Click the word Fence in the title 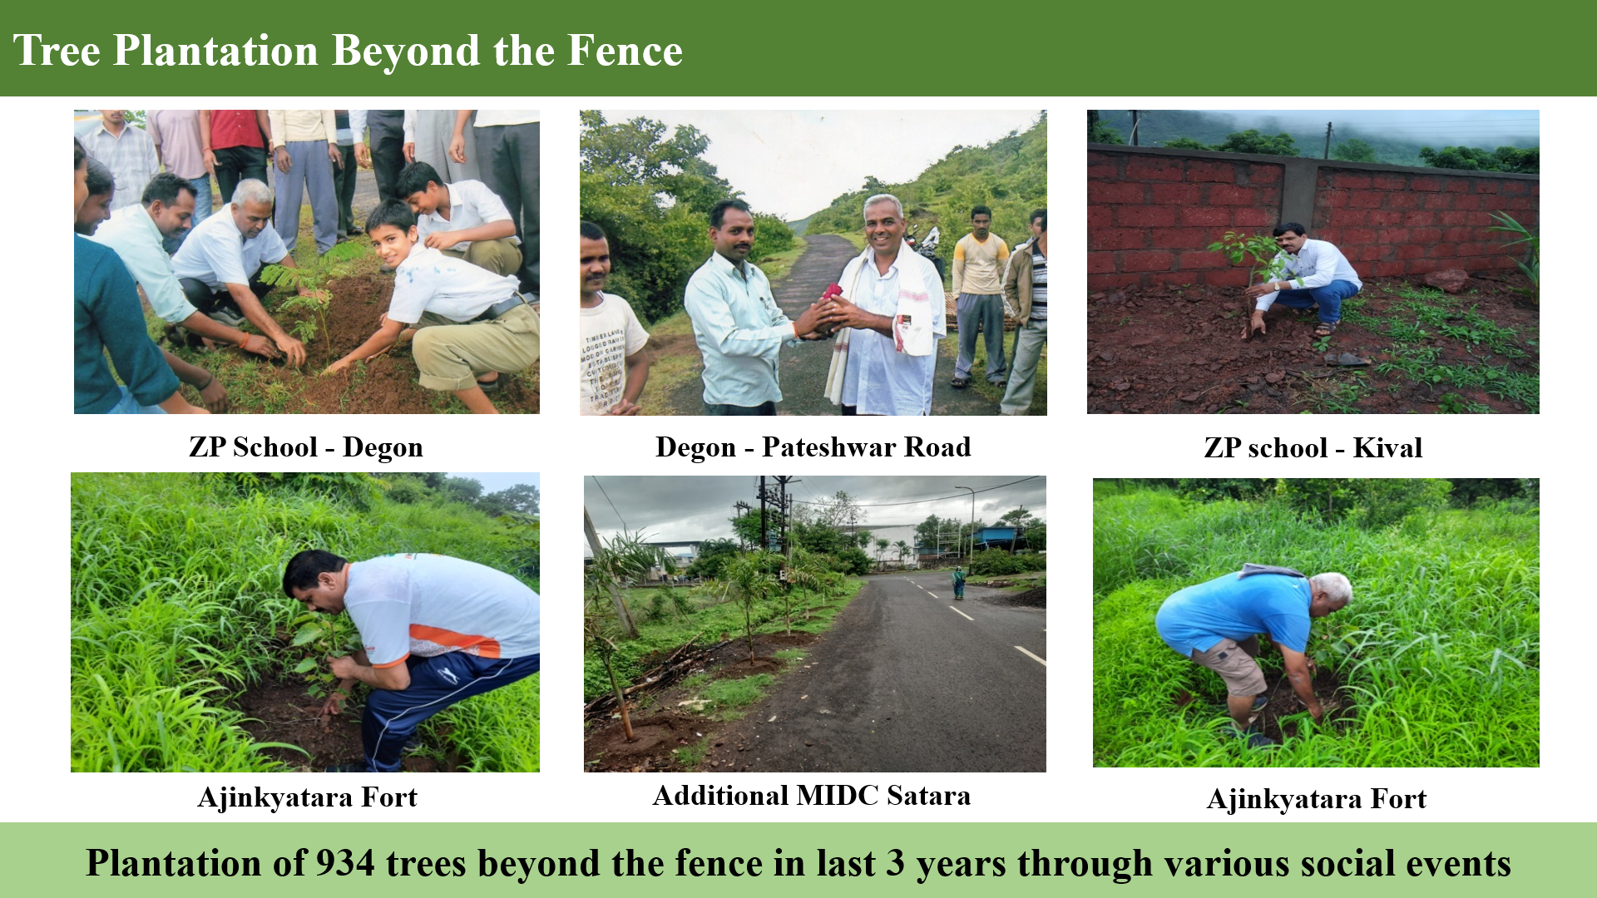(625, 50)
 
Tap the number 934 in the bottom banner (345, 863)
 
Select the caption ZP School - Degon (306, 447)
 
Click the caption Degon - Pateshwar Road (813, 447)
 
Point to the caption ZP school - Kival (1313, 448)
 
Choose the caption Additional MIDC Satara (812, 796)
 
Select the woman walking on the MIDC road (958, 582)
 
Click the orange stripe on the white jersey (453, 642)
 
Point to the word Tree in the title (57, 50)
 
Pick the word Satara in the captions (928, 796)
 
